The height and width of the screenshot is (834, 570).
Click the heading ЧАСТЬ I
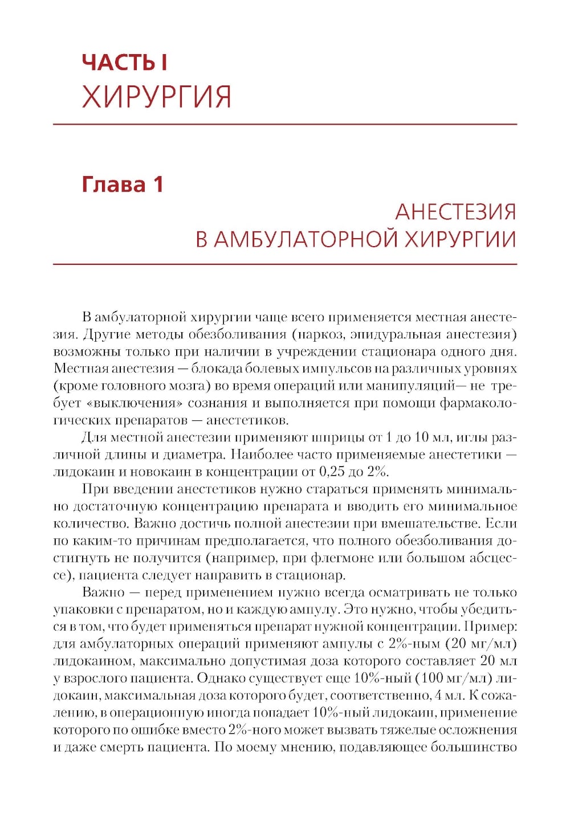(125, 63)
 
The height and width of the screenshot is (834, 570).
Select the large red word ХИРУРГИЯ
(157, 97)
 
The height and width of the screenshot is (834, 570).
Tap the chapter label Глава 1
(123, 185)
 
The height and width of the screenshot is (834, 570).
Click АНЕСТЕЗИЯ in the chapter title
(455, 212)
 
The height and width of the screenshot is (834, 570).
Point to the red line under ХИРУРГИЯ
(285, 124)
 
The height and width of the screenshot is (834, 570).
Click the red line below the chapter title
(285, 264)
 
